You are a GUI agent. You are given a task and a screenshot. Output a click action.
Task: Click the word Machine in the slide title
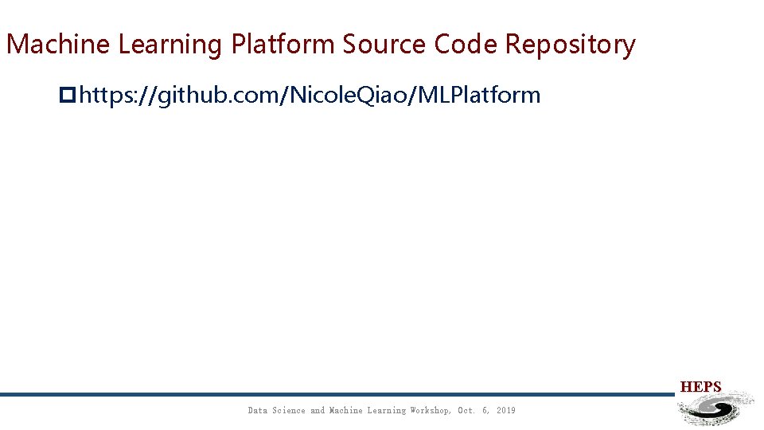pos(59,45)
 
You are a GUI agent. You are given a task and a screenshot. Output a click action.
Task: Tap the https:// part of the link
pos(117,96)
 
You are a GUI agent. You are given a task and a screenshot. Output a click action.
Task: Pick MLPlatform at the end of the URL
pos(479,96)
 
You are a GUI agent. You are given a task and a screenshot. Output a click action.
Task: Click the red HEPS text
pos(700,387)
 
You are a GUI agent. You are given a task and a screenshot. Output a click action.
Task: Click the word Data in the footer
pos(257,411)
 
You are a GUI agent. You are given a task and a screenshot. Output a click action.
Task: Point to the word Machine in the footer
pos(346,411)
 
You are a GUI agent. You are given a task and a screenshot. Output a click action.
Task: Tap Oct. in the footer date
pos(466,411)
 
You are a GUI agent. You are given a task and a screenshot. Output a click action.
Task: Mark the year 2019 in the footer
pos(505,411)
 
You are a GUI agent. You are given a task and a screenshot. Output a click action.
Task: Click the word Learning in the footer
pos(386,411)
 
